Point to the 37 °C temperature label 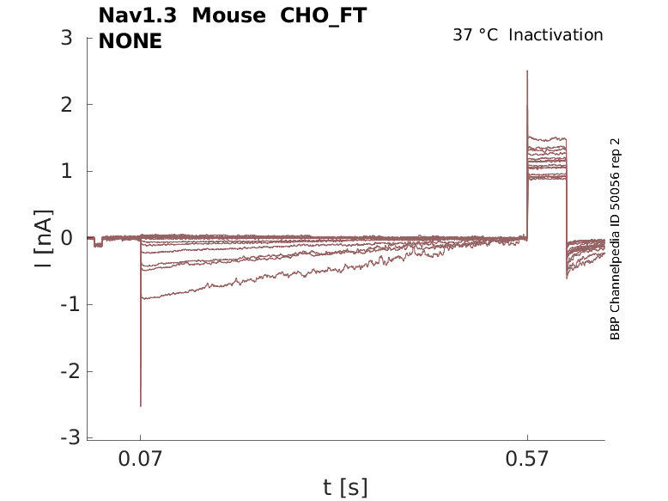475,35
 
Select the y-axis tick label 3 66,38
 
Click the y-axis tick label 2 66,105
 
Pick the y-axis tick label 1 66,171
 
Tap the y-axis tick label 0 66,238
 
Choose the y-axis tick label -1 62,304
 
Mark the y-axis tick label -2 62,371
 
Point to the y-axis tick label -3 62,437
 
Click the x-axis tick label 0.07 141,460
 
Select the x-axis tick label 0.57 527,460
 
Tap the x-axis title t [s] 345,487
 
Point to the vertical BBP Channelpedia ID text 615,239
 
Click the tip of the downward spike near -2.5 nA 141,406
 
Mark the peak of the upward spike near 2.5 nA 527,71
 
